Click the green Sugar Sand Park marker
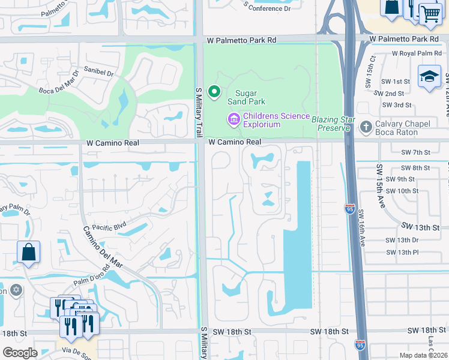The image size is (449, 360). click(x=213, y=92)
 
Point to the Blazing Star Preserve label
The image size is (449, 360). click(x=330, y=124)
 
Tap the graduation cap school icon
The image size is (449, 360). click(x=429, y=77)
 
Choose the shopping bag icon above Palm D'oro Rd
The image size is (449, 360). click(x=28, y=252)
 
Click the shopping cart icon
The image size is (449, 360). click(x=430, y=13)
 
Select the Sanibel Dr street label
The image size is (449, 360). click(x=98, y=71)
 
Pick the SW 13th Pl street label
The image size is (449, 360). click(x=402, y=252)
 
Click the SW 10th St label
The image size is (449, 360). click(x=402, y=191)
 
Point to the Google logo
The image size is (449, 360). click(x=20, y=352)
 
